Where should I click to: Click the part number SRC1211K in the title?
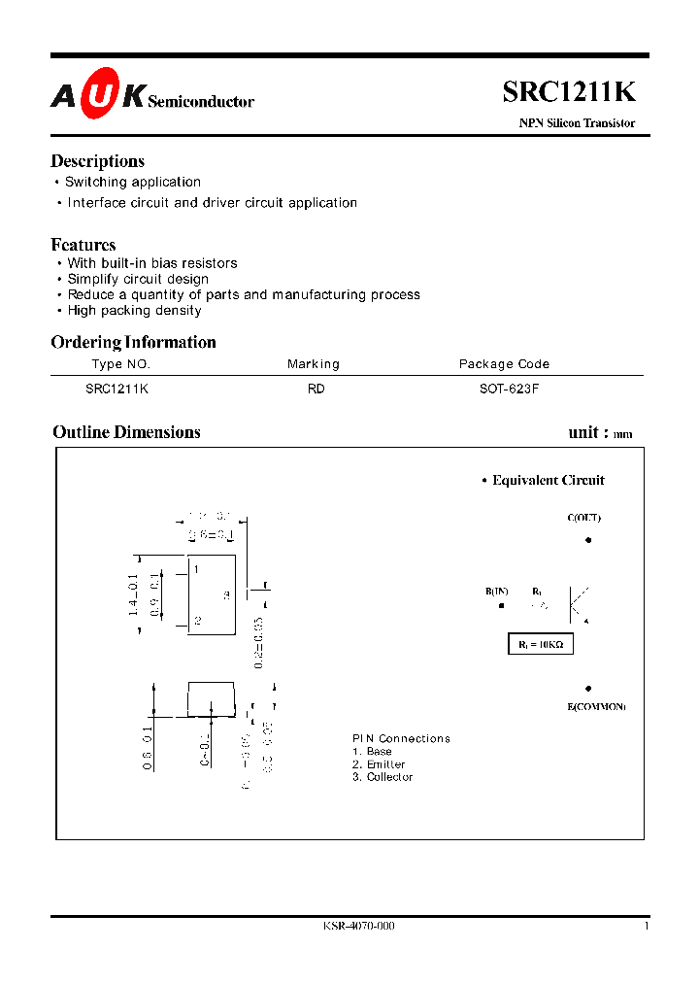[569, 91]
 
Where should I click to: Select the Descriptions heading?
[97, 161]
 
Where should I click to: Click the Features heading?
[83, 245]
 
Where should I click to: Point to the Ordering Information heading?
[133, 342]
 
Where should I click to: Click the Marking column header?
[313, 364]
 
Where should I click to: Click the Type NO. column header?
[121, 364]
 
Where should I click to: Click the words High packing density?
[134, 311]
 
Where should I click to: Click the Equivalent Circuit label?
[548, 480]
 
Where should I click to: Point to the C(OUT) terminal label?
[583, 518]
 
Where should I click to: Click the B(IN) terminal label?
[497, 592]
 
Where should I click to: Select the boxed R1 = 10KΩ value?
[541, 644]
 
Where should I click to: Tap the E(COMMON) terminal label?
[596, 706]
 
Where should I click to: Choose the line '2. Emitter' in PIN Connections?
[379, 764]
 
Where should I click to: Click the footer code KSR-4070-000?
[359, 926]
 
